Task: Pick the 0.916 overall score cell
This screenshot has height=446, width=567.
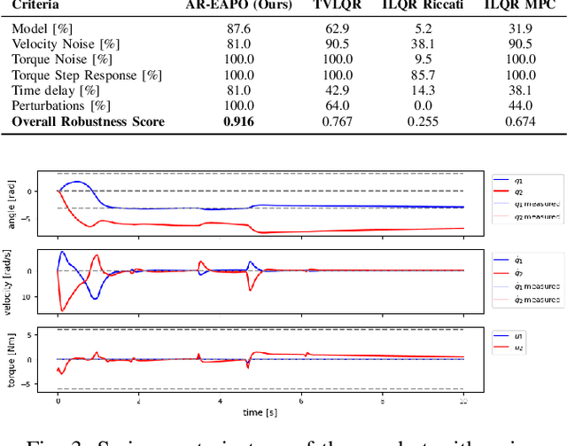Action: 237,121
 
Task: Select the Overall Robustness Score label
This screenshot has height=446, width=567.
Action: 89,121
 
